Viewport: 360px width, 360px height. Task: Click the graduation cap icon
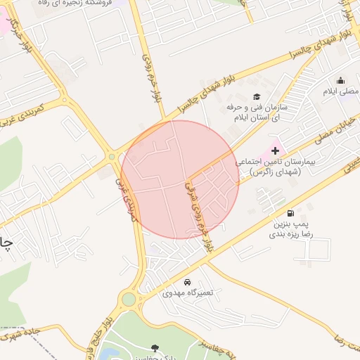(x=257, y=96)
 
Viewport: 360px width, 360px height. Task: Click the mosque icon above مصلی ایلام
(x=341, y=80)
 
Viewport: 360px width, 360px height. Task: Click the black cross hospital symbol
(x=275, y=150)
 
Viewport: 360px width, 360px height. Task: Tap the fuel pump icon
(x=290, y=213)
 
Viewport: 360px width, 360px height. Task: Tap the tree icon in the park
(x=155, y=347)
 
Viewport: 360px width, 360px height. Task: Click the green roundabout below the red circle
(x=128, y=300)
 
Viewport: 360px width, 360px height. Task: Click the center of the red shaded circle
(x=180, y=179)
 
